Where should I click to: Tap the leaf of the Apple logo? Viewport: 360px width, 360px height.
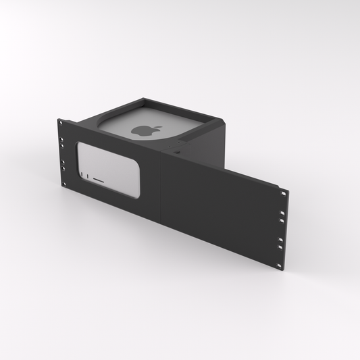(145, 126)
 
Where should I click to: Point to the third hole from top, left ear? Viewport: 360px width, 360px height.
(63, 163)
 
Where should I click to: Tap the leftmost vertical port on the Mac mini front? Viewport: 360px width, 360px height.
(84, 177)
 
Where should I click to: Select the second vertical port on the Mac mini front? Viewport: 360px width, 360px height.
(88, 178)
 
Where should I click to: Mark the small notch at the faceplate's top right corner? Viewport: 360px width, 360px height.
(278, 186)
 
